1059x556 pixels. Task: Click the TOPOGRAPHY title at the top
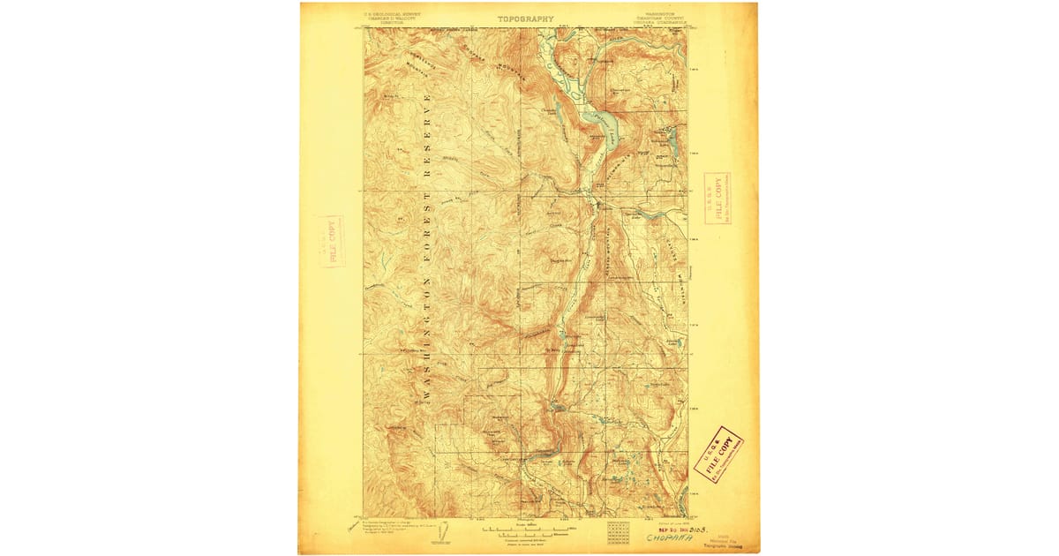click(x=525, y=19)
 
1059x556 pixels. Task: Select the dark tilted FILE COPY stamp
click(x=718, y=454)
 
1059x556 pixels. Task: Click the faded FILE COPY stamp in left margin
click(x=334, y=240)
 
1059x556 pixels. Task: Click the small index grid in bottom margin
click(x=618, y=531)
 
